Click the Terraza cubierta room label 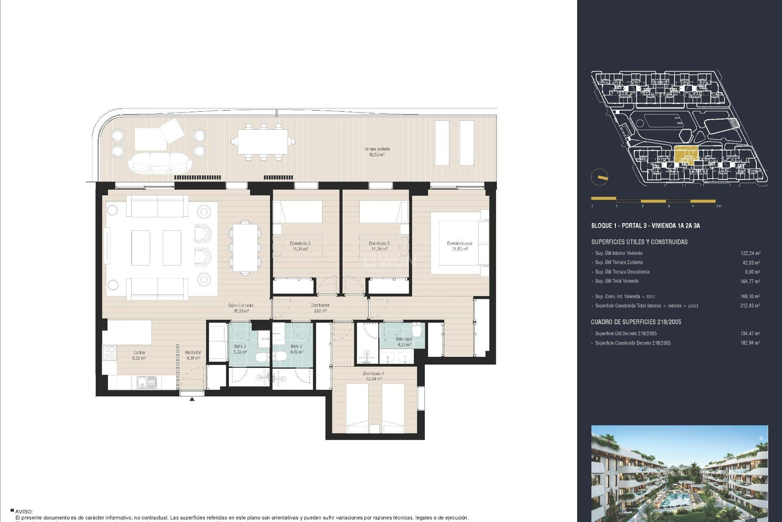point(376,152)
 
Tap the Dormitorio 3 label point(300,246)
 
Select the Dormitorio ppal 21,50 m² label point(459,246)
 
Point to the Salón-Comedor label point(241,308)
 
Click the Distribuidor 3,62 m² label point(320,308)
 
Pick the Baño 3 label point(240,349)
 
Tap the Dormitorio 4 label point(373,376)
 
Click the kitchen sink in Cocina point(146,383)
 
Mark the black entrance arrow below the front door point(192,399)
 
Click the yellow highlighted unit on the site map point(686,155)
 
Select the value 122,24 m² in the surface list point(750,253)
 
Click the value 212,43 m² point(750,306)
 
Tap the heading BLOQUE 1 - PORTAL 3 point(645,226)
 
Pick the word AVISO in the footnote point(24,511)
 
